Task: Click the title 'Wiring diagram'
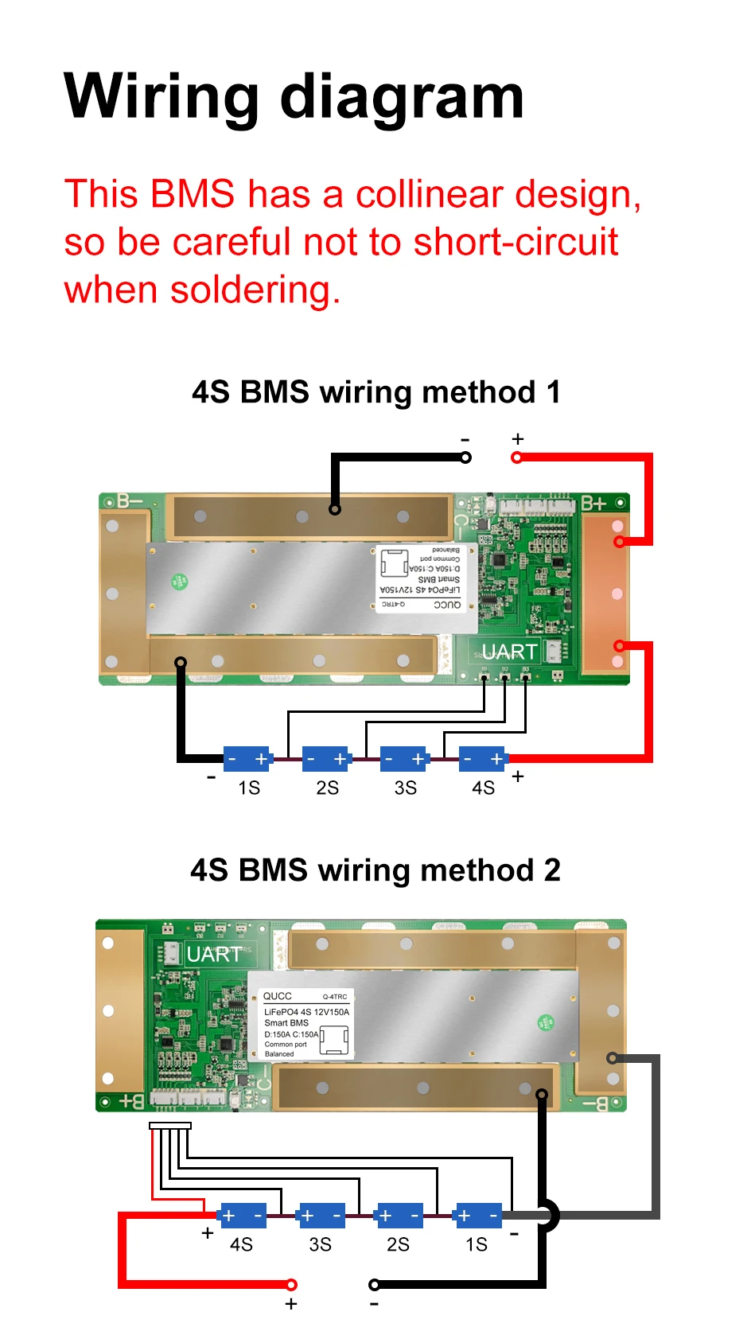[x=294, y=97]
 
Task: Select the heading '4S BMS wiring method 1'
[x=375, y=392]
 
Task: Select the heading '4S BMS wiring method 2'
[x=375, y=870]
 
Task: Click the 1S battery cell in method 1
[x=247, y=759]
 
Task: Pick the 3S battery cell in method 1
[x=404, y=759]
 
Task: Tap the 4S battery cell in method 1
[x=483, y=759]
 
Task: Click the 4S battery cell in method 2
[x=243, y=1216]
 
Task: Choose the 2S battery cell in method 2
[x=399, y=1216]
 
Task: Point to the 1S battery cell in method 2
[x=477, y=1216]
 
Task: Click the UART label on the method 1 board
[x=509, y=652]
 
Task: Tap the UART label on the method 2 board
[x=213, y=954]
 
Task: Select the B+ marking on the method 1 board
[x=593, y=503]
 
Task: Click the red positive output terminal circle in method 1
[x=517, y=457]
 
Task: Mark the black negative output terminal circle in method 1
[x=466, y=457]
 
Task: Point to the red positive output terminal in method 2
[x=292, y=1284]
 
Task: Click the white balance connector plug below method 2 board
[x=170, y=1126]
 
